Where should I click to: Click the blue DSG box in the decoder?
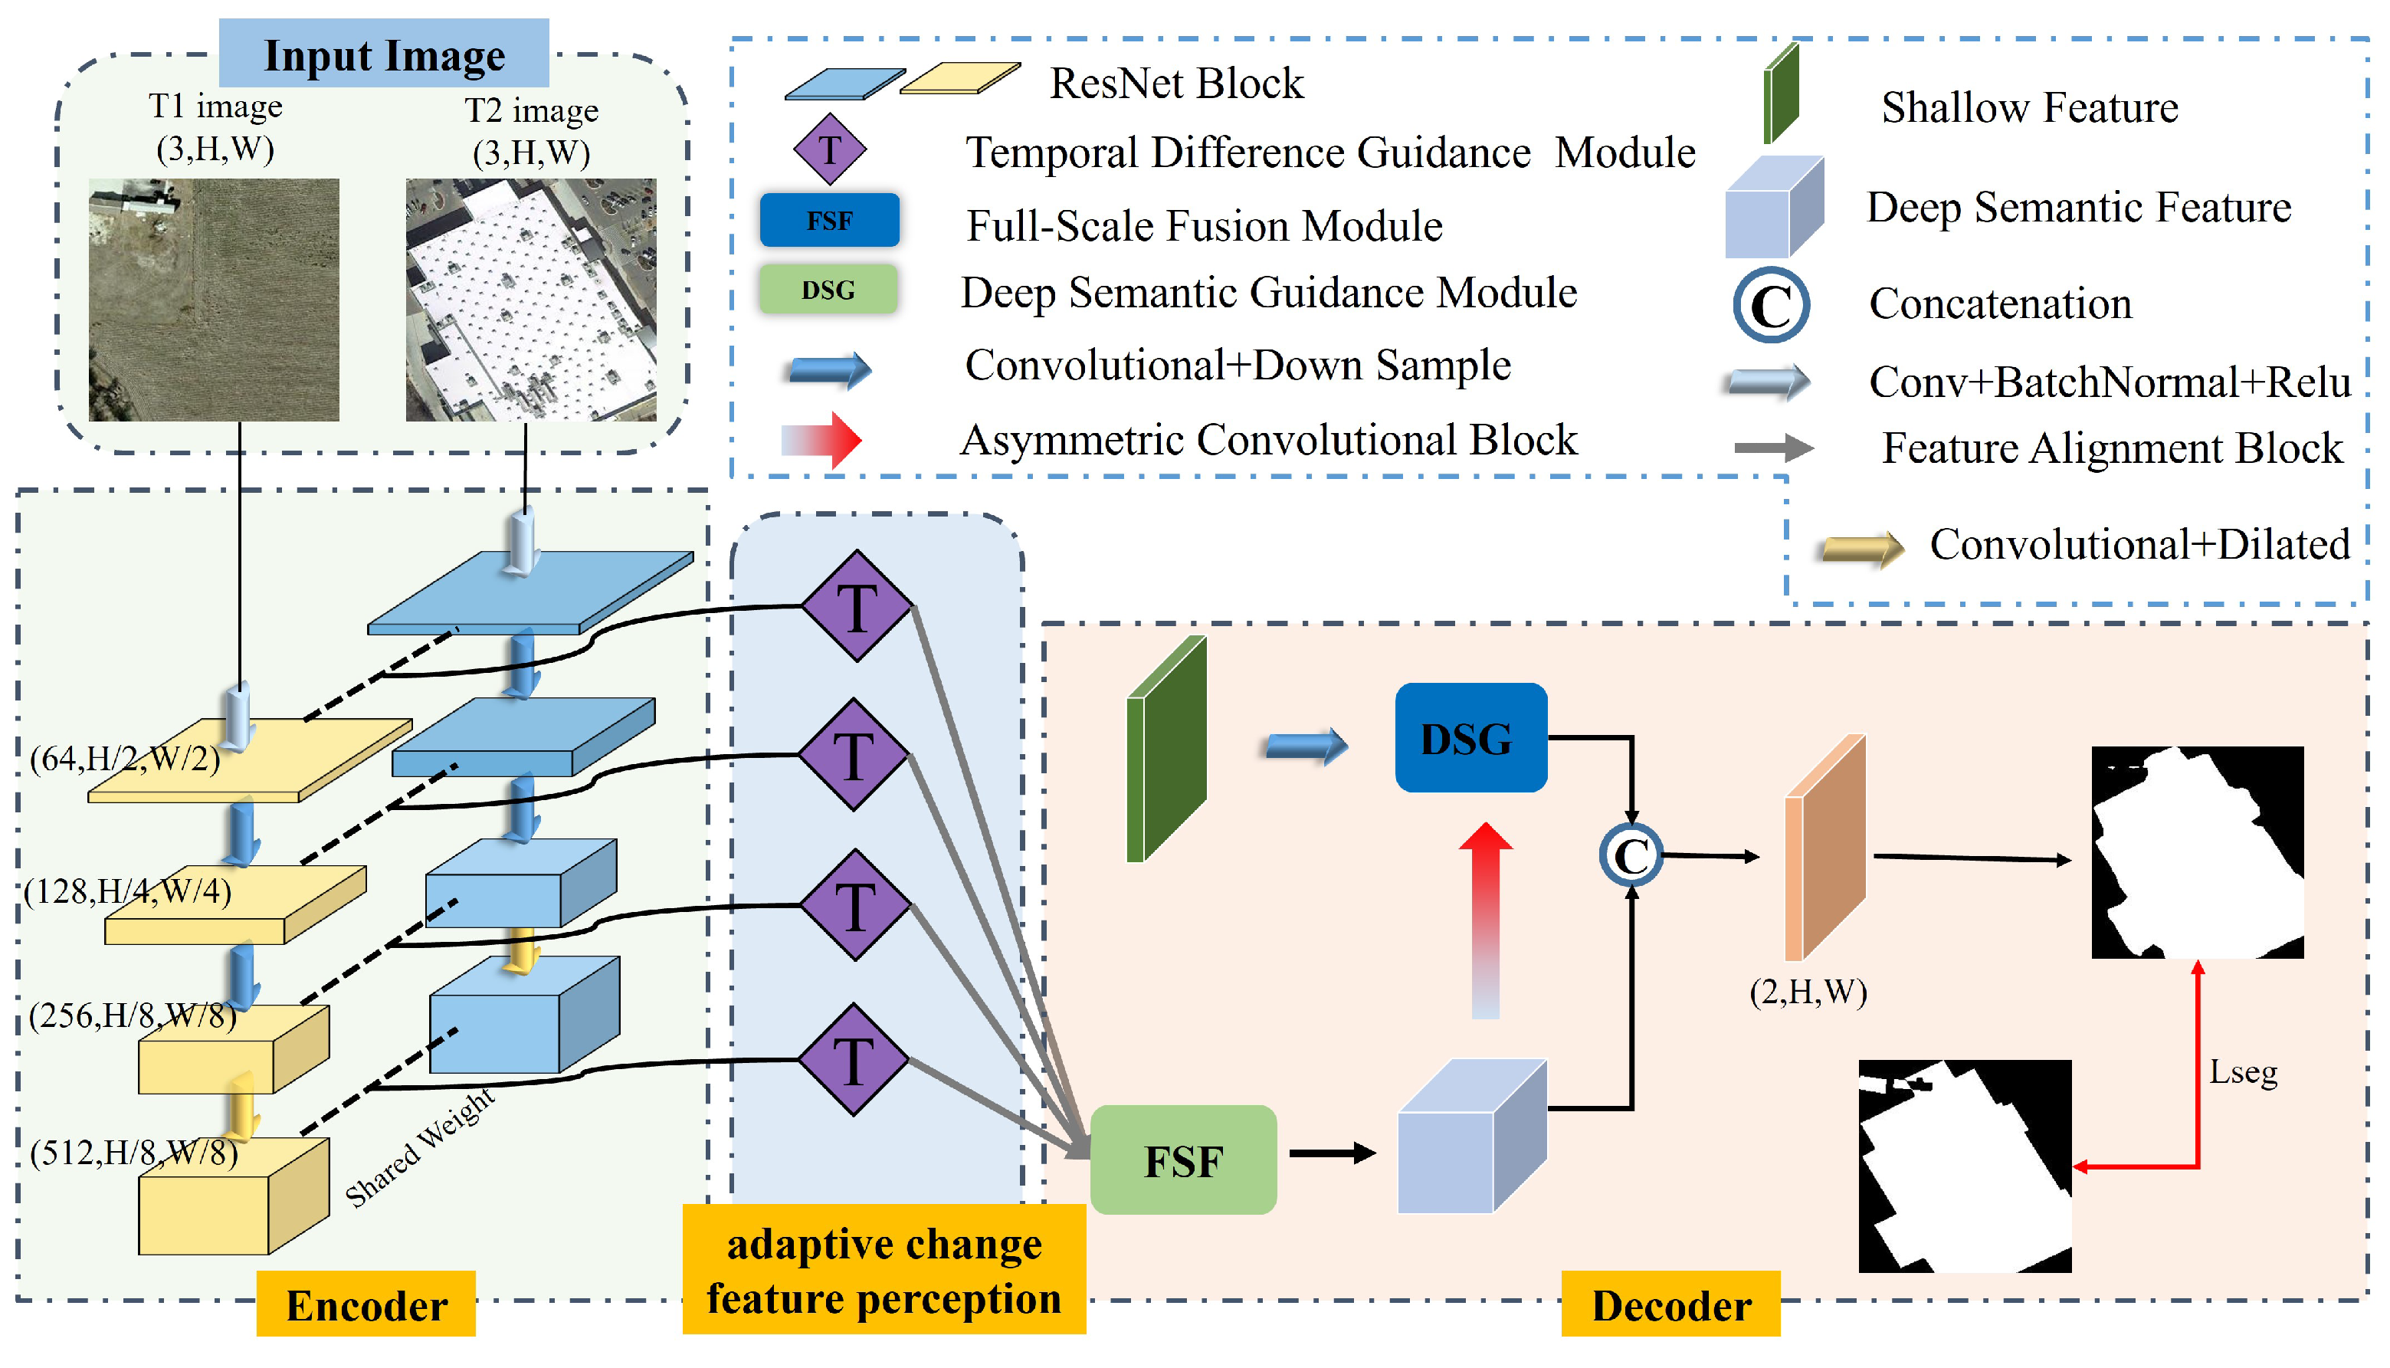pyautogui.click(x=1470, y=739)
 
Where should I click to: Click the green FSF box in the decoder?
pyautogui.click(x=1183, y=1161)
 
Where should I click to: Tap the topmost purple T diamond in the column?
pyautogui.click(x=856, y=608)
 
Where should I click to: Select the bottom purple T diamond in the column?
pyautogui.click(x=853, y=1061)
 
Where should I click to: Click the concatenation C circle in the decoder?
pyautogui.click(x=1631, y=855)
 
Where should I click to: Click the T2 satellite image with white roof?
pyautogui.click(x=531, y=300)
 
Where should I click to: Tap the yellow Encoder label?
pyautogui.click(x=366, y=1305)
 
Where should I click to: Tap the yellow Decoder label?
pyautogui.click(x=1670, y=1305)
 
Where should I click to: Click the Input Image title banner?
pyautogui.click(x=384, y=54)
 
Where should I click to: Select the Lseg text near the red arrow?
pyautogui.click(x=2243, y=1072)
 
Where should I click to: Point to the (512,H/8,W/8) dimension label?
pyautogui.click(x=134, y=1153)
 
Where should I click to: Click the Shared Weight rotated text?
pyautogui.click(x=419, y=1147)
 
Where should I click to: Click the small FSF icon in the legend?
pyautogui.click(x=828, y=221)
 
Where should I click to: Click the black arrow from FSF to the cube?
pyautogui.click(x=1331, y=1153)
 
